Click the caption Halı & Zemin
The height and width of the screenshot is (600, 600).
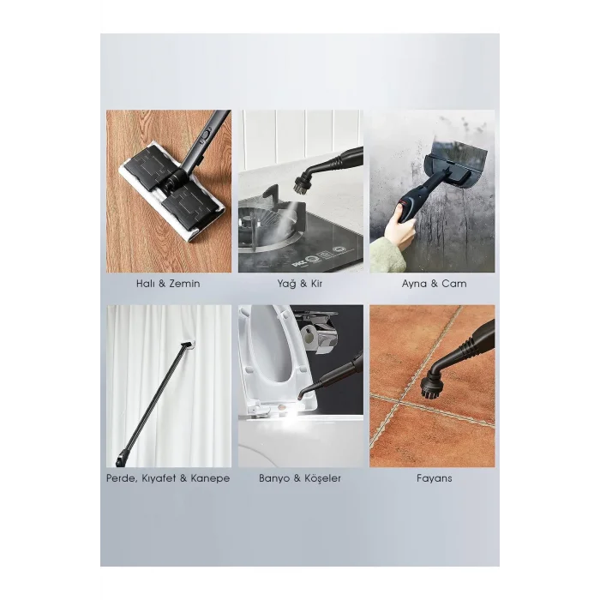(168, 284)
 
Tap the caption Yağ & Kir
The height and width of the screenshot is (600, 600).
(300, 284)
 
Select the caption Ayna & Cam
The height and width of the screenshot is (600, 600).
(434, 284)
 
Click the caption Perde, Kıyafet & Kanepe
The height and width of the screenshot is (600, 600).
(168, 478)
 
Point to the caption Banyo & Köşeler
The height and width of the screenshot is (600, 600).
(300, 478)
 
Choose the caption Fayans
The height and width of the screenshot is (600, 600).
(434, 478)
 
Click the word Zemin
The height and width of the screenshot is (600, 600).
(184, 284)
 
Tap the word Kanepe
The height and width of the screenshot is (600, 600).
(210, 478)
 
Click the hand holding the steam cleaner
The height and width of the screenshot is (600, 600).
(400, 229)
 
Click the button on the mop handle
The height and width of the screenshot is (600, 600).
(206, 135)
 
